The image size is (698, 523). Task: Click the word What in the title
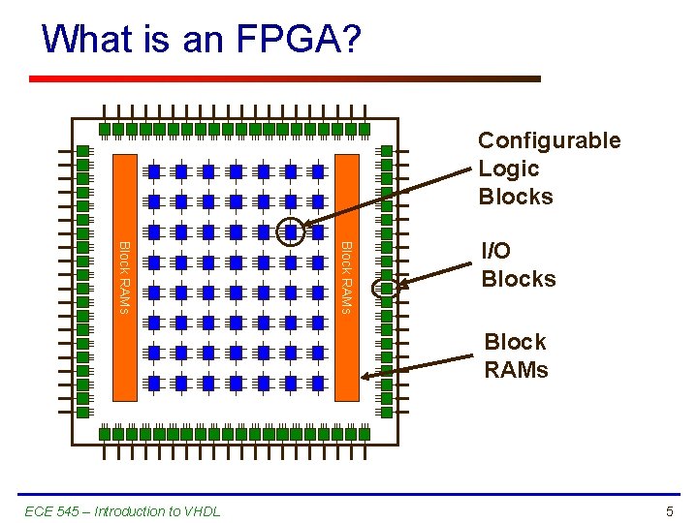click(82, 39)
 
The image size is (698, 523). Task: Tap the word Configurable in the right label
click(549, 140)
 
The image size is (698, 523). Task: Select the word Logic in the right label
click(508, 169)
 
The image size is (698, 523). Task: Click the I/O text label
click(496, 251)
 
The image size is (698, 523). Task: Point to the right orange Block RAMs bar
click(347, 276)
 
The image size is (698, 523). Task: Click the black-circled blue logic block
click(291, 231)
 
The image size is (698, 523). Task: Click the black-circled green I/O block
click(386, 288)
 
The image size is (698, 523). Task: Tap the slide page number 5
click(670, 511)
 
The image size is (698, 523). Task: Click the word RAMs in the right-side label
click(516, 370)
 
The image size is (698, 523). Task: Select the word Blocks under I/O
click(519, 279)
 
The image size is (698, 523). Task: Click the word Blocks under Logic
click(516, 197)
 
